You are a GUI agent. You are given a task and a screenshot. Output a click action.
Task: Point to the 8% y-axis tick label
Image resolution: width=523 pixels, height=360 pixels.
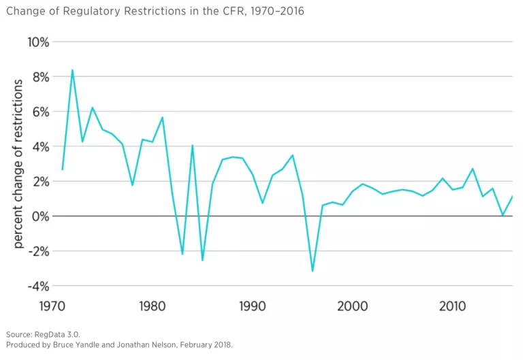pos(39,77)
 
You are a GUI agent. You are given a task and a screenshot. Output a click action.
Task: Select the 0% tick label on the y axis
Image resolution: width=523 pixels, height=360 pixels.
pos(39,216)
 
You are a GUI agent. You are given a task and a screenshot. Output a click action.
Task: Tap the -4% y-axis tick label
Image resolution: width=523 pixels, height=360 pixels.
pos(37,286)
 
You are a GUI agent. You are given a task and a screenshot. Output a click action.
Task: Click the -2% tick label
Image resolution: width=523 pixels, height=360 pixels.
pos(37,251)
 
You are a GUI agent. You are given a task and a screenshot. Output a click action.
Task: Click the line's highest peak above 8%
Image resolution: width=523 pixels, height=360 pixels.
pos(72,69)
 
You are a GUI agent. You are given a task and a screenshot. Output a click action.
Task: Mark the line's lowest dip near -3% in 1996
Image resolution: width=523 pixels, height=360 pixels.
pos(313,271)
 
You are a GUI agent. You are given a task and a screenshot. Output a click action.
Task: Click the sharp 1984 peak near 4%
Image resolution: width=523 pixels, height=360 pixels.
pos(193,146)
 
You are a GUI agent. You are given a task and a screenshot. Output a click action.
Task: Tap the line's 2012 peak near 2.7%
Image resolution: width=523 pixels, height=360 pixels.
pos(473,169)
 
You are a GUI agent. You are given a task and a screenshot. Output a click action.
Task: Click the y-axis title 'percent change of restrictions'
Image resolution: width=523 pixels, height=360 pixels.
pos(19,163)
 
